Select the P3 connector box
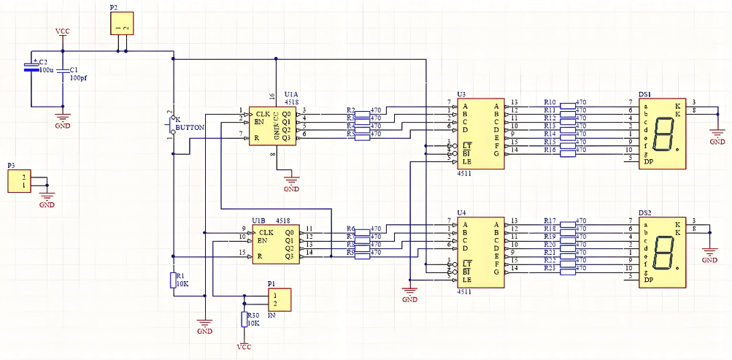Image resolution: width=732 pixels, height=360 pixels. click(20, 182)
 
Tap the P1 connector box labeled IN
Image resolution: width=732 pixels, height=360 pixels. click(278, 299)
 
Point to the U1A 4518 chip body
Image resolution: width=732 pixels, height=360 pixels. click(272, 126)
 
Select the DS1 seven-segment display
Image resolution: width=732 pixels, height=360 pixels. click(662, 134)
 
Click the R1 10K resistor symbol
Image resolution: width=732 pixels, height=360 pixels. click(172, 280)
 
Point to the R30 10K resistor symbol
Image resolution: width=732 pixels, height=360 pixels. click(244, 319)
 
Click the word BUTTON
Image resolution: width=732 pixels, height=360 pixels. click(190, 127)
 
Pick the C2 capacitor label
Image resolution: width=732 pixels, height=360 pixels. click(43, 62)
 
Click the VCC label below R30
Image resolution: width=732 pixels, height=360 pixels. click(244, 348)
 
